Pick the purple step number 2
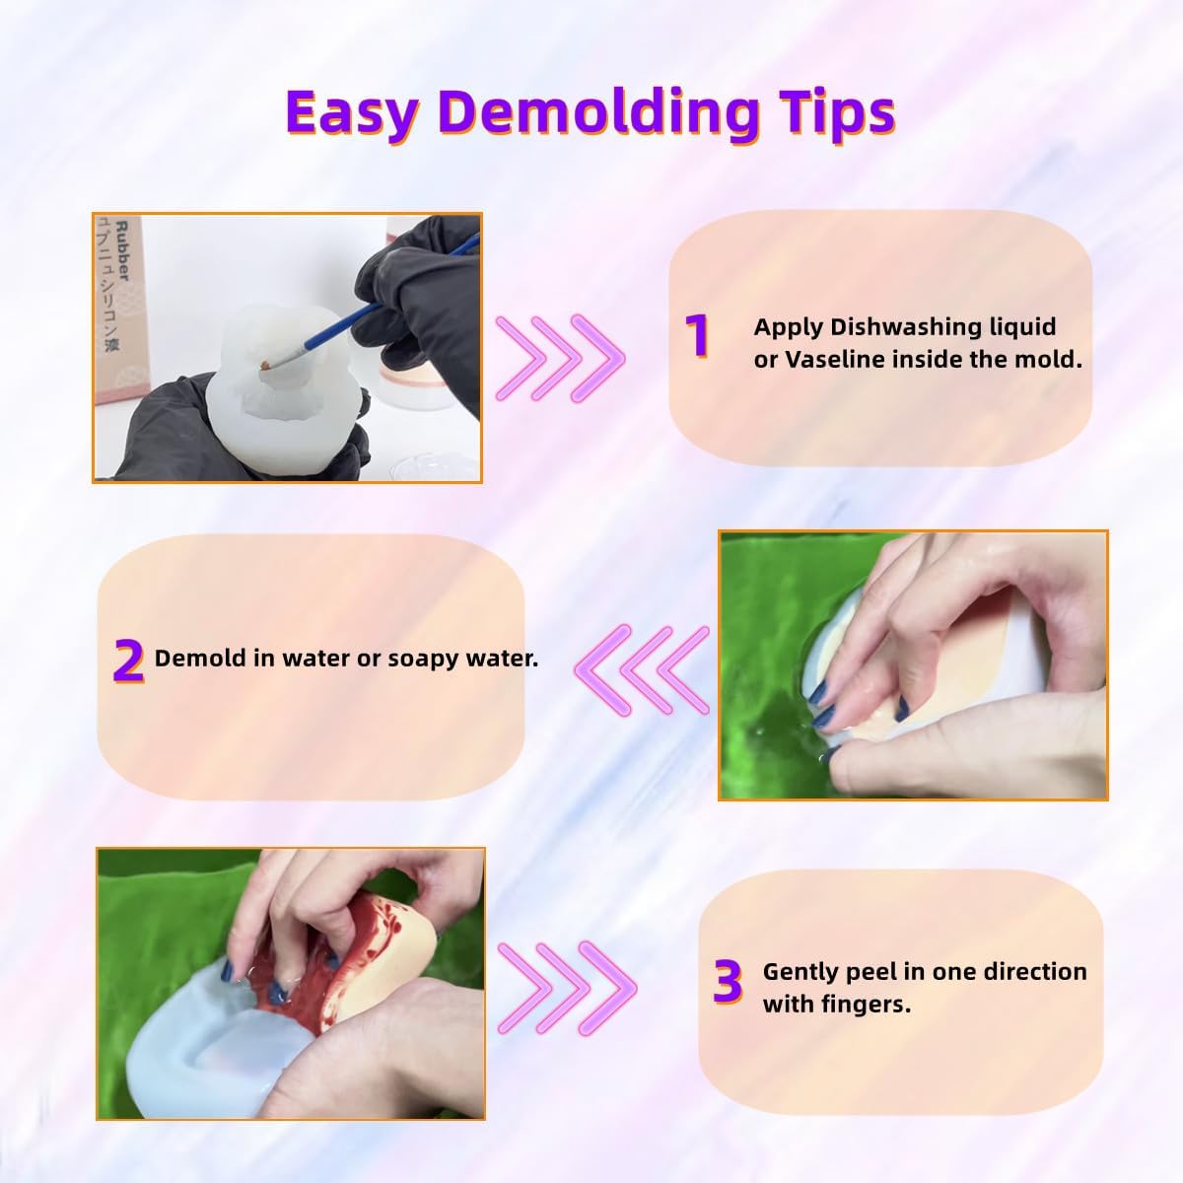click(128, 661)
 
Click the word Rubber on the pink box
click(123, 251)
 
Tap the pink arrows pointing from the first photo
click(560, 359)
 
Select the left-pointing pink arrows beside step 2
click(642, 670)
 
